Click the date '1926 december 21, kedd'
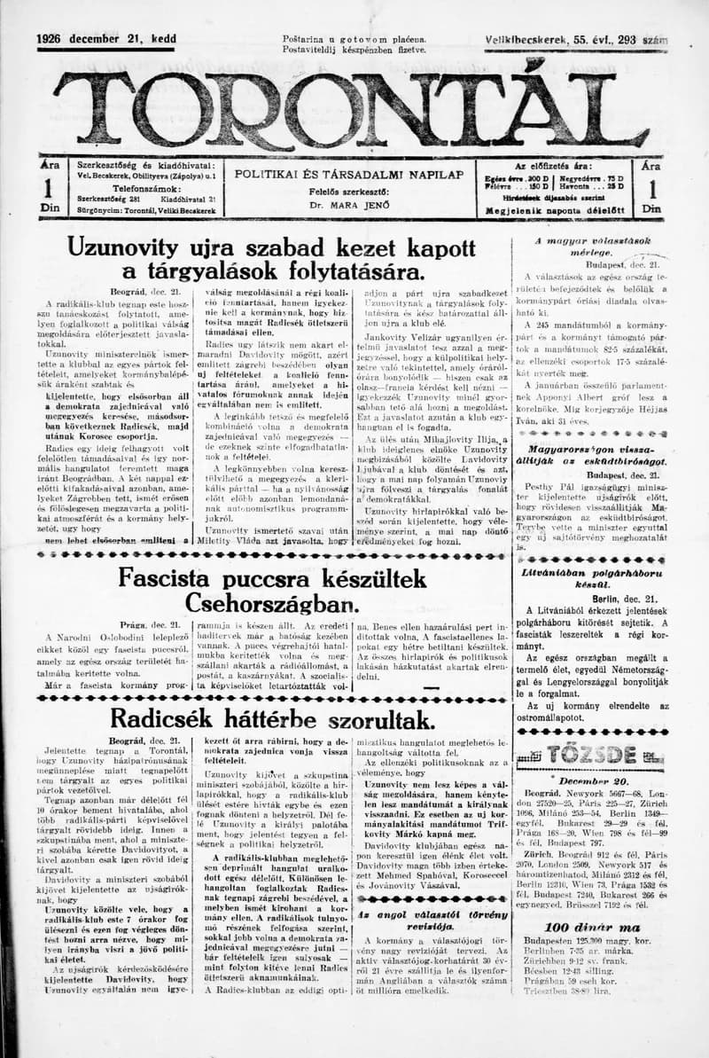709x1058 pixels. [106, 39]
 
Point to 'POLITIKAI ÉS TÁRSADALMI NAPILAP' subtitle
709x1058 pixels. [347, 174]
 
